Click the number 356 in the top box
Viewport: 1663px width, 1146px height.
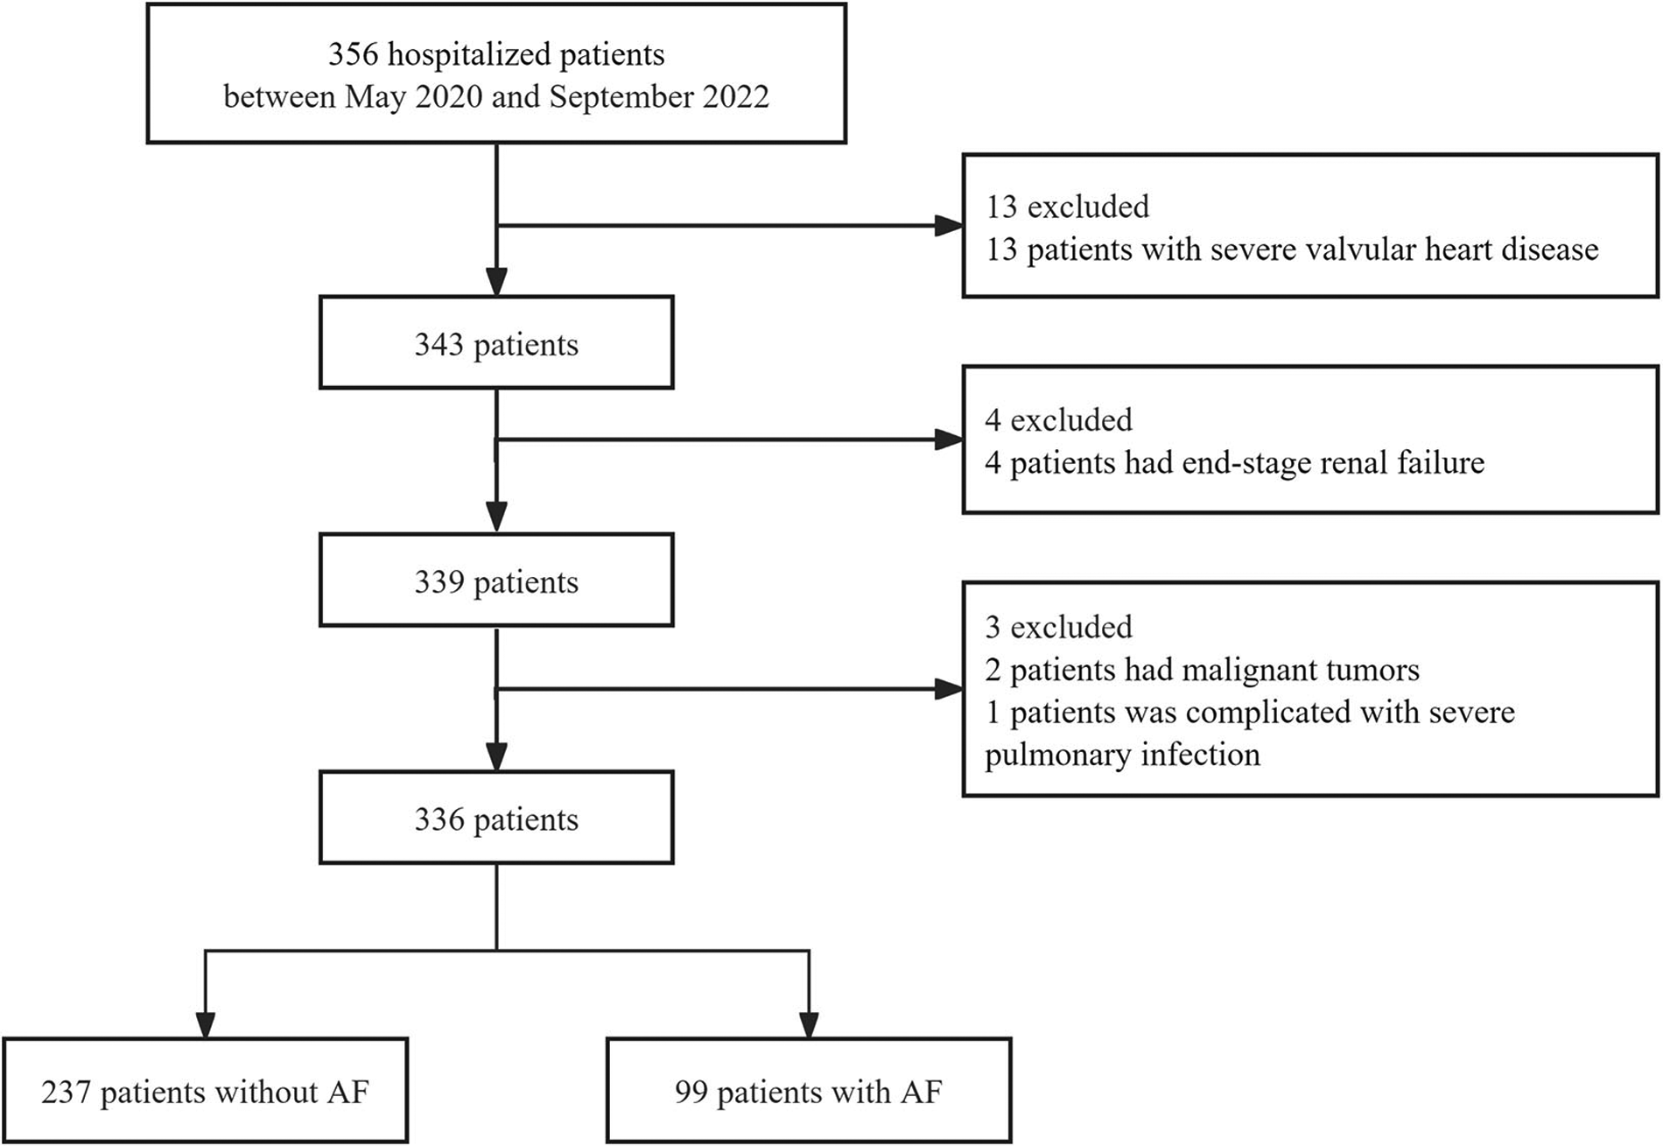pyautogui.click(x=354, y=54)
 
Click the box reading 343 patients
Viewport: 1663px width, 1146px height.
pyautogui.click(x=496, y=343)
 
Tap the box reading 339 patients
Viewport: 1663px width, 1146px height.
pyautogui.click(x=496, y=581)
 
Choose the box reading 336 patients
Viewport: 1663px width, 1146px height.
pyautogui.click(x=496, y=819)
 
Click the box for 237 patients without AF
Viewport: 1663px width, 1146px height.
pyautogui.click(x=205, y=1092)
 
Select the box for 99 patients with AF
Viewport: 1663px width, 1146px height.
pyautogui.click(x=808, y=1092)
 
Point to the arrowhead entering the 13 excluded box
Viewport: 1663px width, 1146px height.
pyautogui.click(x=949, y=226)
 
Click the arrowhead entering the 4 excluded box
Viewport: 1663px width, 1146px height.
pyautogui.click(x=949, y=439)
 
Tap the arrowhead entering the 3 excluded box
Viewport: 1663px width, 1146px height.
pyautogui.click(x=949, y=689)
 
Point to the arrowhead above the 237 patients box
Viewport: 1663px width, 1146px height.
pyautogui.click(x=205, y=1024)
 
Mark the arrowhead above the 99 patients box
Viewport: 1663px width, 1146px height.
pyautogui.click(x=808, y=1024)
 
